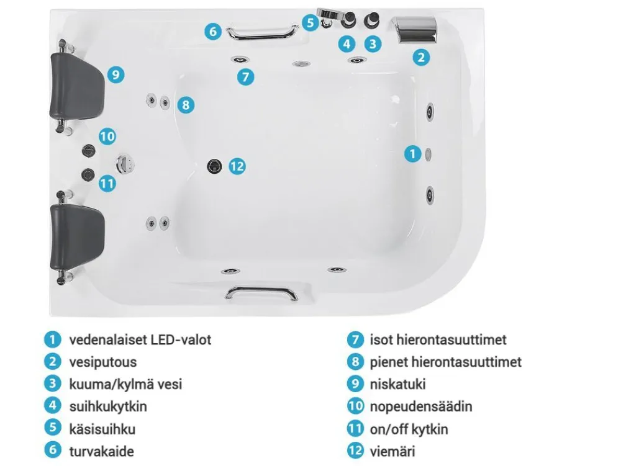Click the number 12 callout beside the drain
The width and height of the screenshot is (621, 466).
click(237, 166)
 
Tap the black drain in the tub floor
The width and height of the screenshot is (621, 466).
click(214, 166)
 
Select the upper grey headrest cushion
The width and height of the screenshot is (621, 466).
click(77, 86)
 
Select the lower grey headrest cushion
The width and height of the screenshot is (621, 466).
click(77, 236)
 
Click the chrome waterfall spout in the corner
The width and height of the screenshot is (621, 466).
click(415, 29)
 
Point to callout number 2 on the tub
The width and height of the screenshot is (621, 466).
click(421, 57)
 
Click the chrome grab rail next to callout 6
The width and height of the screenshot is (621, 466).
click(262, 32)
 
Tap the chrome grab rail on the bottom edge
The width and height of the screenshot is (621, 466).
click(261, 293)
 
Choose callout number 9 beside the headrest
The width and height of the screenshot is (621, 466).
click(116, 74)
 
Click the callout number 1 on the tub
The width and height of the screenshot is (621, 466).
click(413, 153)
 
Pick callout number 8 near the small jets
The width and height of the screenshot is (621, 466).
click(186, 105)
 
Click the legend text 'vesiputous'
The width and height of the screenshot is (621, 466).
click(103, 362)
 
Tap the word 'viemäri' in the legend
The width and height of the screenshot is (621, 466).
click(392, 451)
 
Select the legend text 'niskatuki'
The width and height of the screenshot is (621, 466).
click(397, 384)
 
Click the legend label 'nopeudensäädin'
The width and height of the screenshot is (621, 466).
click(421, 406)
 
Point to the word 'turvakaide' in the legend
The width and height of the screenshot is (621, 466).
click(101, 451)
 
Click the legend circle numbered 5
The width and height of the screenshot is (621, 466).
click(53, 428)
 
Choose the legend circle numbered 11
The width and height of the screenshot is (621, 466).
click(355, 428)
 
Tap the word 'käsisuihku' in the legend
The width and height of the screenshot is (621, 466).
click(102, 429)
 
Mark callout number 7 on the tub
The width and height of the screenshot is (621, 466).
click(245, 76)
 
